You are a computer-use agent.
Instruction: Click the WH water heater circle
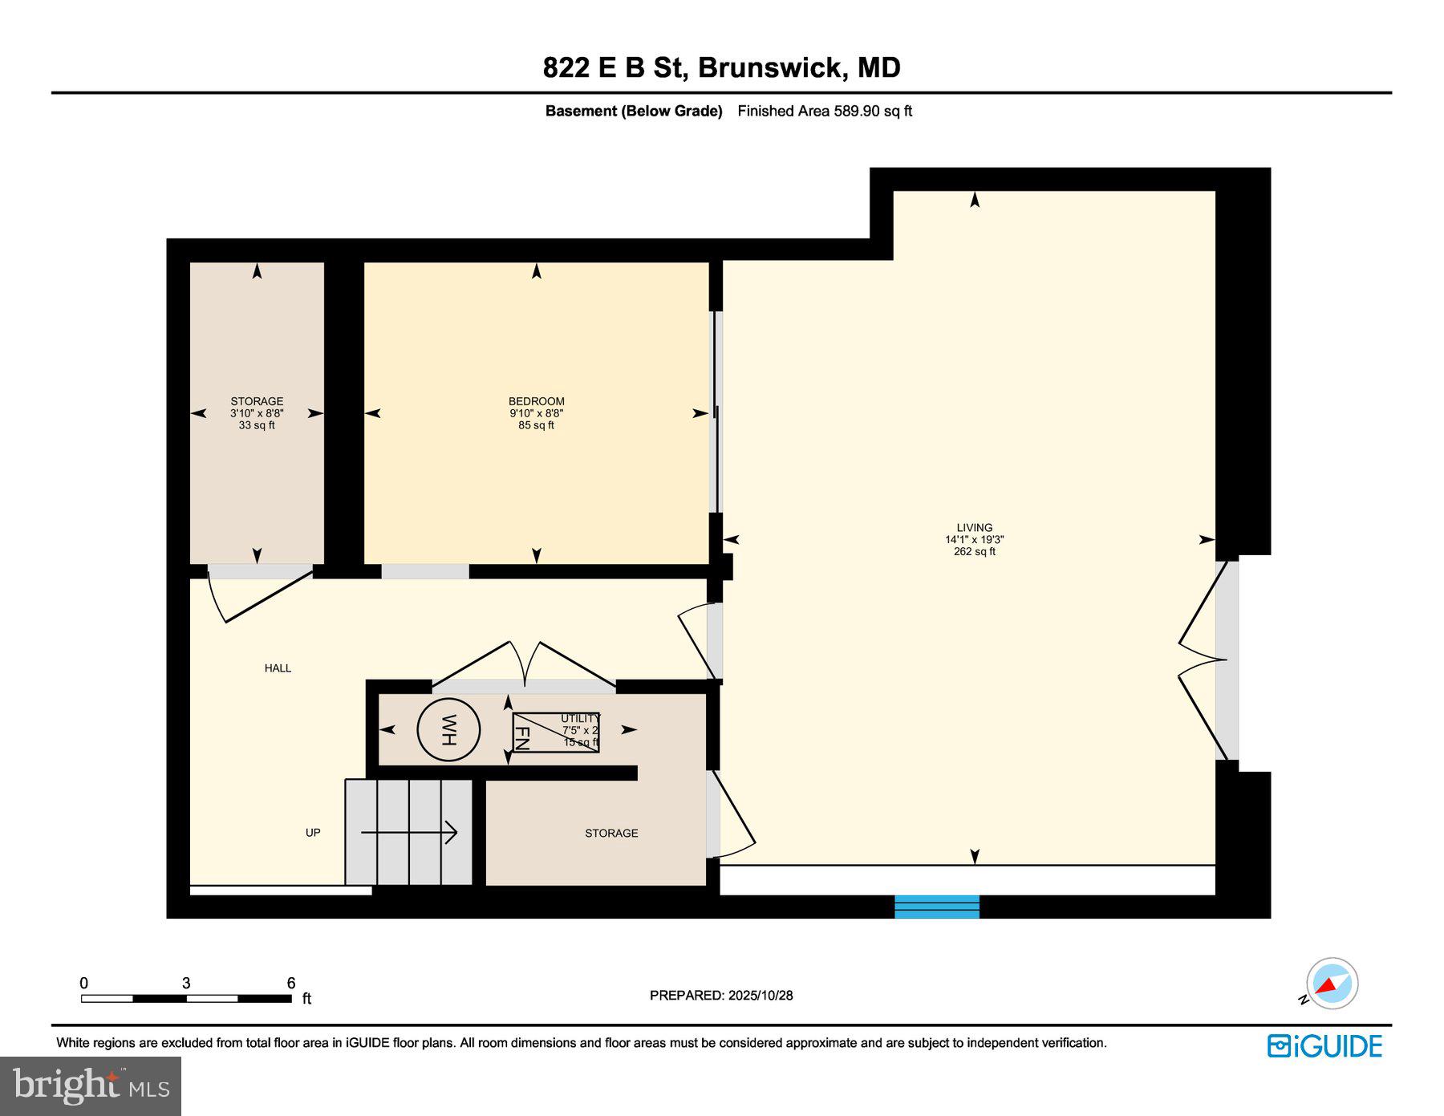click(448, 730)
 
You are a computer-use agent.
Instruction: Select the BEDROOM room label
click(536, 401)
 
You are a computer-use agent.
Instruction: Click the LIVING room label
click(974, 528)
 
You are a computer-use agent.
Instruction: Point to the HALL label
click(278, 668)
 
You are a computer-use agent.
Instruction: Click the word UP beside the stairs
click(313, 833)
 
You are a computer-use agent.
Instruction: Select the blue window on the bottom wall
click(936, 907)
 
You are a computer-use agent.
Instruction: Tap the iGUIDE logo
click(1324, 1046)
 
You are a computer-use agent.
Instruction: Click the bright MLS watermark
click(91, 1086)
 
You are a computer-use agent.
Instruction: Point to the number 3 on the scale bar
click(186, 984)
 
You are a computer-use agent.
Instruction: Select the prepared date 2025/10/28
click(760, 996)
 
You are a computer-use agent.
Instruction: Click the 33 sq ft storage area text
click(257, 425)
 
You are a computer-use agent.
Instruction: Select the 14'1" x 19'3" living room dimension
click(974, 540)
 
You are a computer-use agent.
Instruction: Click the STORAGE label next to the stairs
click(611, 834)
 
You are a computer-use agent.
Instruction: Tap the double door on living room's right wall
click(1203, 659)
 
